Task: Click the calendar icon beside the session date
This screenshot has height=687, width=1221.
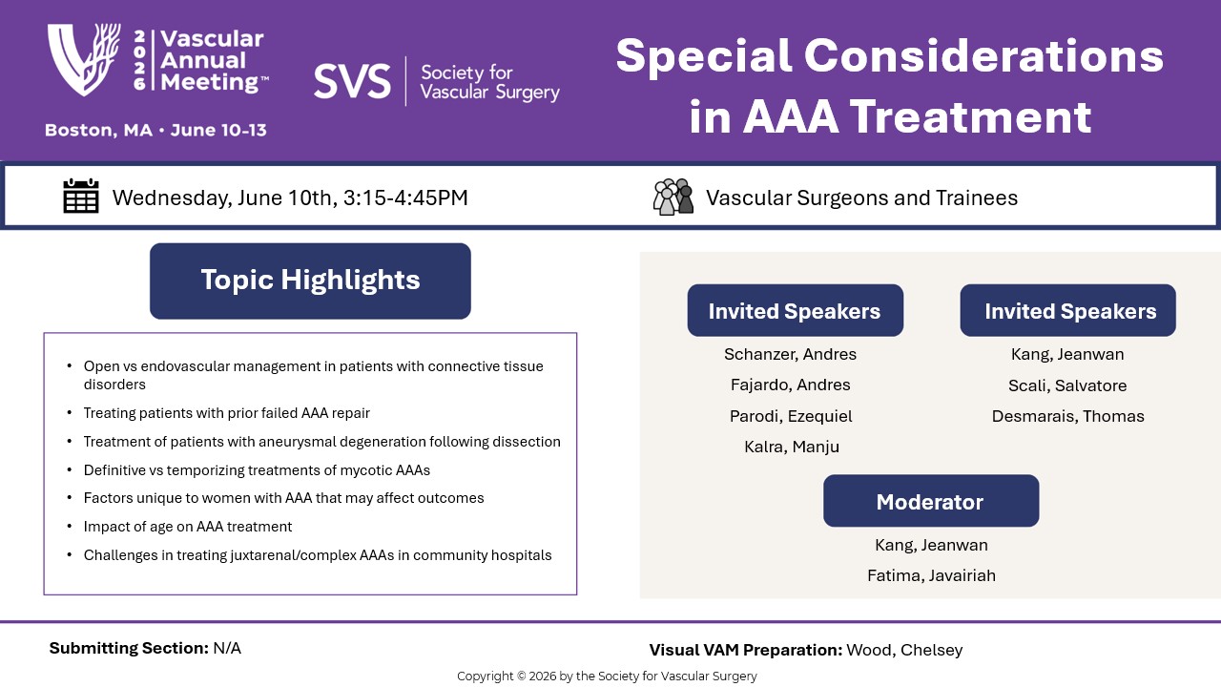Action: tap(81, 196)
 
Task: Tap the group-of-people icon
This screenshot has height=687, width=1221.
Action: tap(673, 197)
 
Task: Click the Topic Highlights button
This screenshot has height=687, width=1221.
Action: tap(310, 281)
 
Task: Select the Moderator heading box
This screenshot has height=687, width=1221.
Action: tap(931, 501)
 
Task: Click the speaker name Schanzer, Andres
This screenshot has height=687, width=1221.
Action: tap(790, 354)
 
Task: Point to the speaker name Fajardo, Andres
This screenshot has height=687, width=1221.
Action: tap(790, 385)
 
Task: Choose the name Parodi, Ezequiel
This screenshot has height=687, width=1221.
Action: tap(791, 417)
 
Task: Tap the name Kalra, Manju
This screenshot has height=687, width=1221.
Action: tap(792, 448)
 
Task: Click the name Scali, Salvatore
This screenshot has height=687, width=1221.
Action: tap(1067, 385)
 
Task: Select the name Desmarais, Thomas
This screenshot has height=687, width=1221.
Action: tap(1067, 416)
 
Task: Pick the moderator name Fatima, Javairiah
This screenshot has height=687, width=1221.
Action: tap(931, 575)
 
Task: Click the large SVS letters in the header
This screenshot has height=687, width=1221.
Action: tap(352, 81)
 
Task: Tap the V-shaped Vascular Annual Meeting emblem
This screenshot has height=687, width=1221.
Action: tap(84, 59)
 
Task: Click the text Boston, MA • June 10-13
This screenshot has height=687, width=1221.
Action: tap(155, 131)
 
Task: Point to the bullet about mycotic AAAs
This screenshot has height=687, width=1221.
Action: tap(257, 470)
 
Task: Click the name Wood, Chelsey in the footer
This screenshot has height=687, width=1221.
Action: tap(904, 650)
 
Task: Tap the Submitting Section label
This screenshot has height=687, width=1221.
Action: tap(129, 648)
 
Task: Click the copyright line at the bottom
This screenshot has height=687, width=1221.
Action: tap(607, 677)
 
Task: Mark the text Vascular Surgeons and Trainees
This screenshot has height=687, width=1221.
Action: tap(861, 198)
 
